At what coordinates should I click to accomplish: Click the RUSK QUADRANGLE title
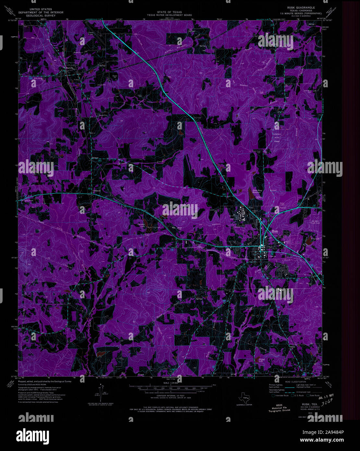click(x=301, y=7)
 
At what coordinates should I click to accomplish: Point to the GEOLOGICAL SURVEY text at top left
click(x=41, y=15)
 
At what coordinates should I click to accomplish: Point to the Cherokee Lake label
click(x=140, y=224)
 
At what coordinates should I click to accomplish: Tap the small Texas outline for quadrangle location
click(x=243, y=399)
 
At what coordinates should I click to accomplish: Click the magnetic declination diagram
click(x=104, y=394)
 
